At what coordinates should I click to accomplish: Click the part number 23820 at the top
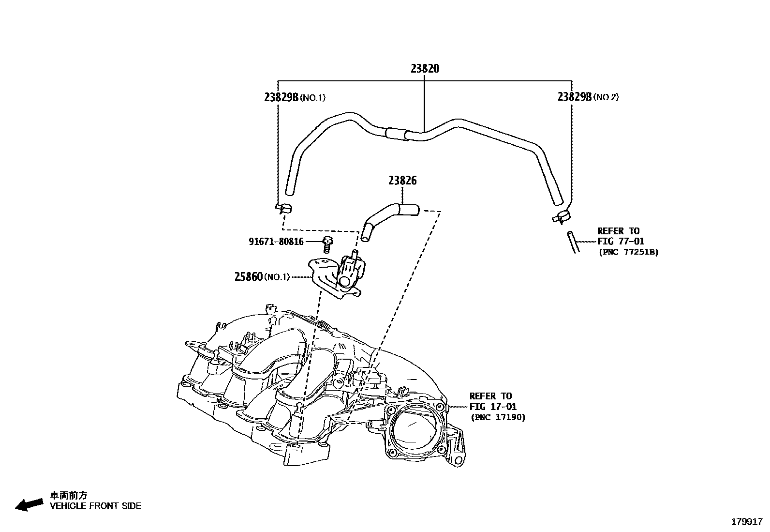click(x=425, y=69)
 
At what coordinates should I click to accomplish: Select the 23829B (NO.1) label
click(x=295, y=97)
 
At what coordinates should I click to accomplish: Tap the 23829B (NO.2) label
click(x=588, y=97)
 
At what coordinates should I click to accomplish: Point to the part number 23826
click(x=402, y=181)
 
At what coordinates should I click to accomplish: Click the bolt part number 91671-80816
click(x=276, y=242)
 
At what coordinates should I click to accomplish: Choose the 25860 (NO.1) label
click(x=262, y=277)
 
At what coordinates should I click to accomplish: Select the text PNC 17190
click(x=498, y=417)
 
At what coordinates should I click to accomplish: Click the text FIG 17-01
click(x=493, y=407)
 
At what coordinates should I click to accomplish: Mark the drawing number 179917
click(x=747, y=522)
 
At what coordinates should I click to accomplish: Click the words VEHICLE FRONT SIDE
click(x=96, y=506)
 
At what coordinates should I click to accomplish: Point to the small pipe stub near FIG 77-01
click(x=573, y=242)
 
